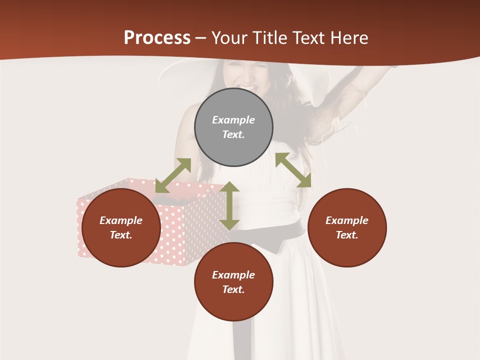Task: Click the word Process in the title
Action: pos(157,38)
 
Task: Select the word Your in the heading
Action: pos(229,38)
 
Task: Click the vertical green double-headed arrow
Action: pos(229,205)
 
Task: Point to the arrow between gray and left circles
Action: pos(173,175)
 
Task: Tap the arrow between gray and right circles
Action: pos(293,170)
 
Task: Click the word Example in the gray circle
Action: pos(233,120)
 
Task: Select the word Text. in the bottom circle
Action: pos(233,289)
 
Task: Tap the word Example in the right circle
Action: pos(347,220)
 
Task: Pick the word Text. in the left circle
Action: pos(121,235)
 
